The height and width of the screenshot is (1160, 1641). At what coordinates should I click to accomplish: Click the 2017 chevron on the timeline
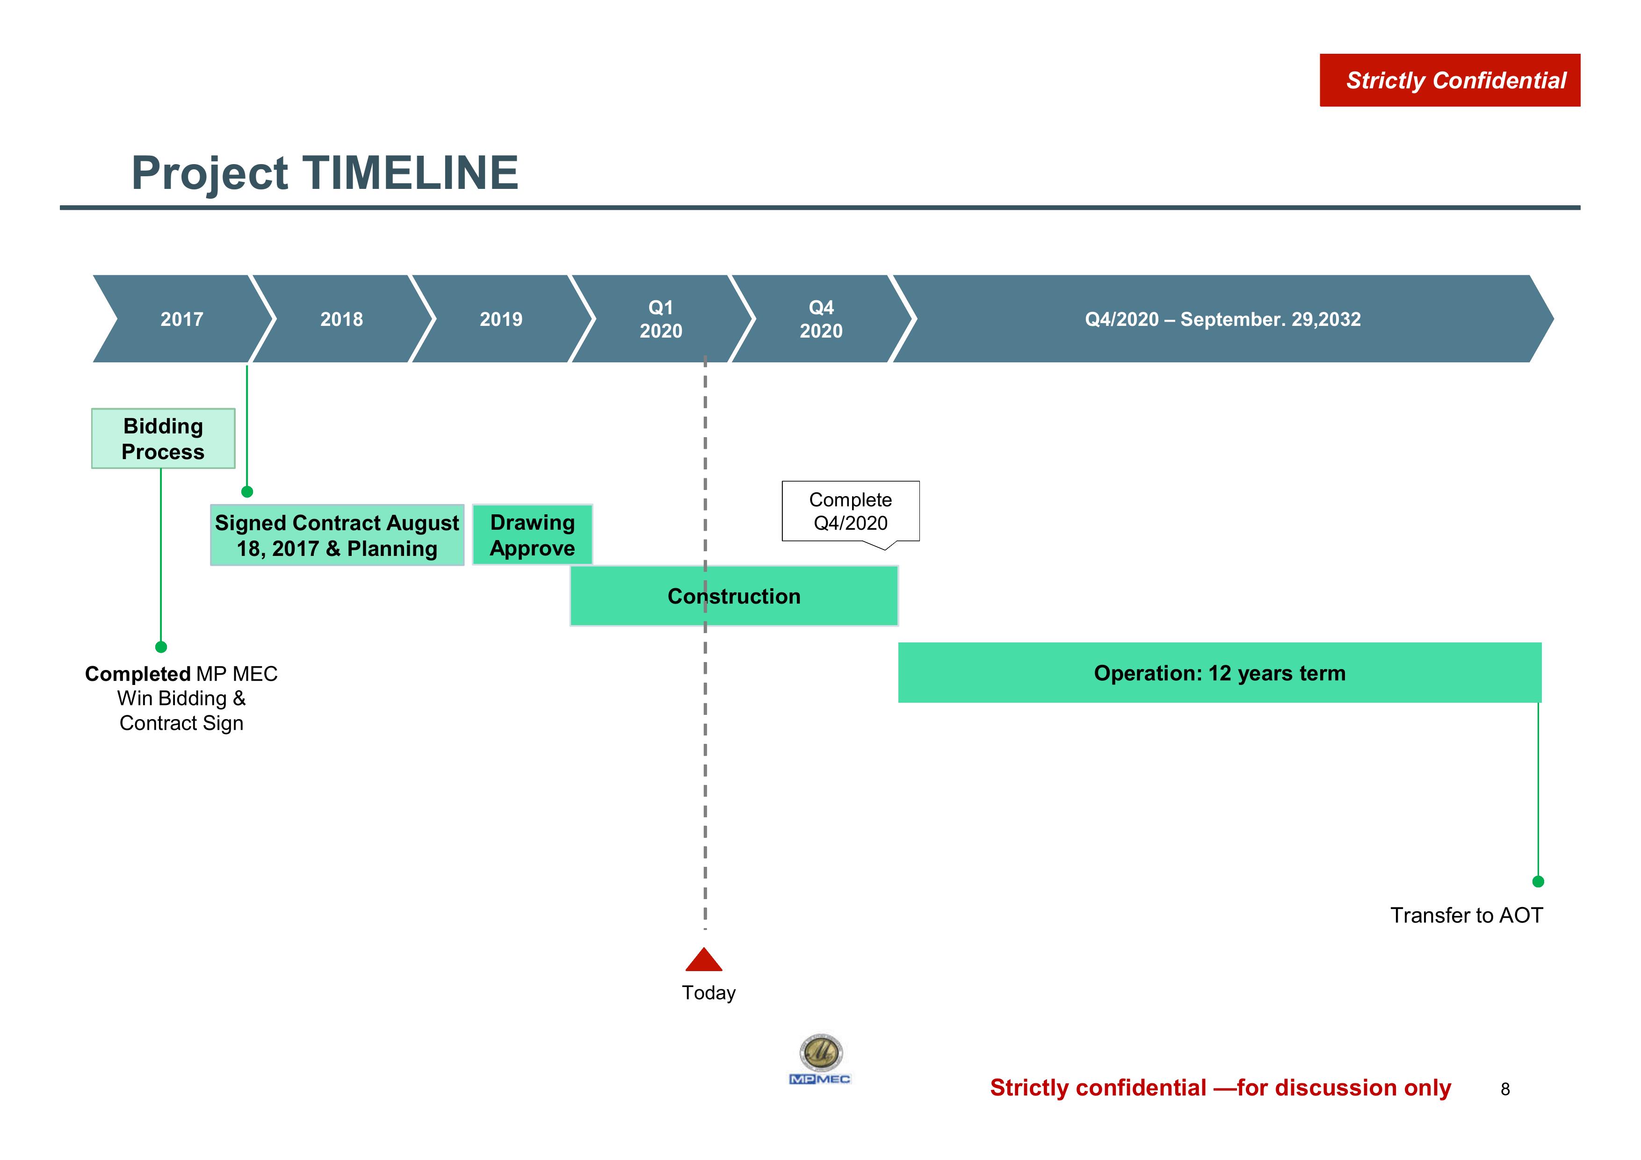click(182, 319)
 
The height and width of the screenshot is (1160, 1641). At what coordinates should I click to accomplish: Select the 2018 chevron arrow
click(342, 319)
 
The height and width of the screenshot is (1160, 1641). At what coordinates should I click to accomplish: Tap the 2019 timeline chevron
click(501, 319)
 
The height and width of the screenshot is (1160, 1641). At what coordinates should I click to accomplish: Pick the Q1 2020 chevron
click(661, 319)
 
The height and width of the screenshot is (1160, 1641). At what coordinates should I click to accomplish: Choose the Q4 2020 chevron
click(821, 319)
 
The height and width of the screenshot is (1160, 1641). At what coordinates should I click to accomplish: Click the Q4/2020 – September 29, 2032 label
click(1223, 319)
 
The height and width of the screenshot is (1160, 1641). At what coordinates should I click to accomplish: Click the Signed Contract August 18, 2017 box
click(337, 535)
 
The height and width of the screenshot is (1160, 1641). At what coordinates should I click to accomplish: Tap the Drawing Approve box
click(533, 535)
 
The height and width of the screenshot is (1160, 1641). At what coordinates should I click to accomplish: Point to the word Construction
click(734, 596)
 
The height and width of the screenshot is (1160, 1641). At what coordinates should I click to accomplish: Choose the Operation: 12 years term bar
click(1219, 672)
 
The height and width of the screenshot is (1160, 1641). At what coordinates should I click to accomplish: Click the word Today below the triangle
click(708, 993)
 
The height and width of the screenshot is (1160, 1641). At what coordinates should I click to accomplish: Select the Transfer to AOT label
click(1467, 915)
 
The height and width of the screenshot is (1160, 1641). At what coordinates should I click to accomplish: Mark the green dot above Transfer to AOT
click(1538, 882)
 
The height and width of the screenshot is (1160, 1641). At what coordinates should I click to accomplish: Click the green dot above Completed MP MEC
click(161, 647)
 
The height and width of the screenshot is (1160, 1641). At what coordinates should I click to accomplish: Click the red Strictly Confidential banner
click(1450, 80)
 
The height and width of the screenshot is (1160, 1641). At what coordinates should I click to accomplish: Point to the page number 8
click(1505, 1089)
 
